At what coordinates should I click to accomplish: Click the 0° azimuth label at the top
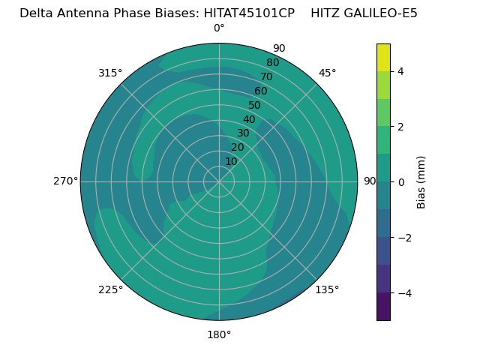point(219,28)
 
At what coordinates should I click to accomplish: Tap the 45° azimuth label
point(327,73)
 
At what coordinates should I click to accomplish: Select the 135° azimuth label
point(327,289)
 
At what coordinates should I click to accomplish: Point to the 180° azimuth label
point(219,334)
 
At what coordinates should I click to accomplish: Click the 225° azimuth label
point(110,289)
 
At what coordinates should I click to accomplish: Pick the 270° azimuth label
point(65,181)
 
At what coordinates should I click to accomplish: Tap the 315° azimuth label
point(110,73)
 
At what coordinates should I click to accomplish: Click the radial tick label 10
point(231,161)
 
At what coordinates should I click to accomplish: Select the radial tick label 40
point(249,119)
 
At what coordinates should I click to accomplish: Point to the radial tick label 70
point(266,76)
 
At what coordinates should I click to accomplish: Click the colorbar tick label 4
point(400,71)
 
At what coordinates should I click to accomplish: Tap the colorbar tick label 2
point(400,127)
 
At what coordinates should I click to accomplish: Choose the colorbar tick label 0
point(400,182)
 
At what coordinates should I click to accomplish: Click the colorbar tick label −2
point(403,238)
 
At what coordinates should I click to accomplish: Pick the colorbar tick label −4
point(403,293)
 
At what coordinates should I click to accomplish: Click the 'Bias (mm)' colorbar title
point(421,182)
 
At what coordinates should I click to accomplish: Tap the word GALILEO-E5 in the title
point(380,13)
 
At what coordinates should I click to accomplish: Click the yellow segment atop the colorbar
point(383,57)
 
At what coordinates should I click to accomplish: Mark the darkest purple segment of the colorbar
point(383,307)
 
